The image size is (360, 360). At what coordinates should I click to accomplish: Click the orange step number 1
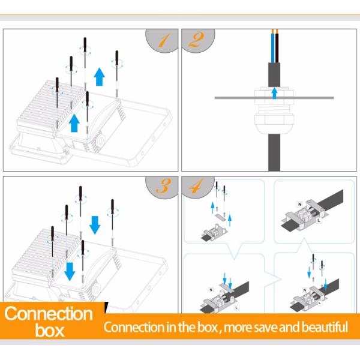(164, 40)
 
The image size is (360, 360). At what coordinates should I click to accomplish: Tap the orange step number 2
(196, 40)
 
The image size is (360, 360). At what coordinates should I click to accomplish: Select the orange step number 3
(163, 186)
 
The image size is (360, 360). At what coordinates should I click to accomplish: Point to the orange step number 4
(196, 186)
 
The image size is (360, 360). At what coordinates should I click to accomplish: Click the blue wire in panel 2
(272, 48)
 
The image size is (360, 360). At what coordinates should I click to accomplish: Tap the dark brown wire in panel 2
(277, 48)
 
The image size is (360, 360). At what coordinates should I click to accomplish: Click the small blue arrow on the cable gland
(274, 93)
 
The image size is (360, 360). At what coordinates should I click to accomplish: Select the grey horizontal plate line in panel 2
(274, 98)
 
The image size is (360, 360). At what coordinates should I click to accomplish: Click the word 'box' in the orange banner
(49, 331)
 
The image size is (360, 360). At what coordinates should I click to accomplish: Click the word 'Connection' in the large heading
(48, 313)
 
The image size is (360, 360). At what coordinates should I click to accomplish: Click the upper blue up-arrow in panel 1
(100, 77)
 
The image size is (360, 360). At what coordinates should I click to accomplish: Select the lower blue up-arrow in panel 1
(74, 123)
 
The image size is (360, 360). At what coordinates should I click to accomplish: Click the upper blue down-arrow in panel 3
(95, 225)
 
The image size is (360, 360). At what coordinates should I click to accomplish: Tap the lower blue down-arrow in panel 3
(70, 272)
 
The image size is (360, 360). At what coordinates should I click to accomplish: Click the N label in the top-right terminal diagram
(299, 204)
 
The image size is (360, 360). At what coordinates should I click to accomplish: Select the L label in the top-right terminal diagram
(319, 221)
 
